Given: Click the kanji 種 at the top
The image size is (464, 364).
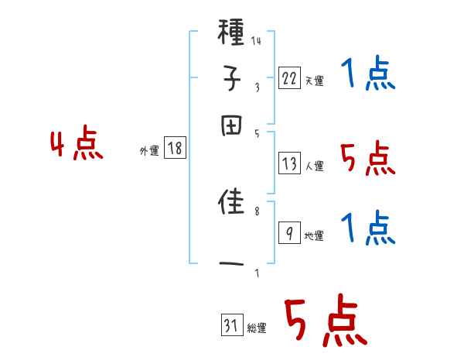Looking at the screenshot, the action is tap(232, 36).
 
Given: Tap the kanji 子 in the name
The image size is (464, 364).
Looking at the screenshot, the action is tap(232, 80).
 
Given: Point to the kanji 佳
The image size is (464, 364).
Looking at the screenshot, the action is tap(232, 204).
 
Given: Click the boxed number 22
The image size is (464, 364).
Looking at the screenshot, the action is tap(289, 78).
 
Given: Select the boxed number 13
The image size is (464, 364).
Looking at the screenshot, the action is tap(289, 163).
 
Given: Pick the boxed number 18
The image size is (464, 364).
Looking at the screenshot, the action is tap(175, 149).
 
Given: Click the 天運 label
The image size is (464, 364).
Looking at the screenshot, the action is tap(314, 81).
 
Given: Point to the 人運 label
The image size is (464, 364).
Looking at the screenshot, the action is tap(314, 166).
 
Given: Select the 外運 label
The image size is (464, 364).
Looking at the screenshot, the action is tap(148, 152).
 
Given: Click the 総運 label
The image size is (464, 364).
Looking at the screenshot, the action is tap(257, 328).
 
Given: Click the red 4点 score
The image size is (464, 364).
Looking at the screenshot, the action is tap(76, 146).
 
